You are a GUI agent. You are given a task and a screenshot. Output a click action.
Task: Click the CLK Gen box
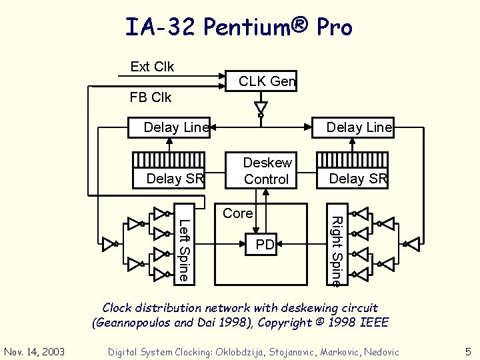(x=267, y=81)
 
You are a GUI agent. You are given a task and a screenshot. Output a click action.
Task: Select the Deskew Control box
(x=267, y=171)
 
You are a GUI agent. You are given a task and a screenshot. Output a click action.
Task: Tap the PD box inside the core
(x=265, y=245)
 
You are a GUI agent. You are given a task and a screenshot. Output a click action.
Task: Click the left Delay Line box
(x=176, y=127)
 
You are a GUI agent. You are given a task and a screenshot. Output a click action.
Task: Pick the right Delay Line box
(x=359, y=127)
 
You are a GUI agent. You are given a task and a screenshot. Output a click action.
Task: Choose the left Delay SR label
(x=174, y=178)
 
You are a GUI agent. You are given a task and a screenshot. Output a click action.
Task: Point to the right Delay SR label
(x=358, y=178)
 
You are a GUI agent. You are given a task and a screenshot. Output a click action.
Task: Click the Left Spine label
(x=185, y=249)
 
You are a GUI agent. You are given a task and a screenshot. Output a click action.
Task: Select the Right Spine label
(x=337, y=251)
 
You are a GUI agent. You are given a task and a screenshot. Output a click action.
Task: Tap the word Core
(x=238, y=213)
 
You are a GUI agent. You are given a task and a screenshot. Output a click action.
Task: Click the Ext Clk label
(x=152, y=67)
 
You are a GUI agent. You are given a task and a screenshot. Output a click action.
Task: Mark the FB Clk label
(x=151, y=97)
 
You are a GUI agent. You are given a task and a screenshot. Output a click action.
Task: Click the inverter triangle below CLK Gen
(x=261, y=107)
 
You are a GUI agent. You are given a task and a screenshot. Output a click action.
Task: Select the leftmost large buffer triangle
(x=109, y=244)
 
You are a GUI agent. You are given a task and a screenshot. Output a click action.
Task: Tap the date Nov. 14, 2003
(x=33, y=351)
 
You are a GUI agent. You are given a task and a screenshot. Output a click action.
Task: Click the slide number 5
(x=467, y=351)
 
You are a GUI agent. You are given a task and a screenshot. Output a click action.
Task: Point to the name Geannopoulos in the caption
(x=133, y=323)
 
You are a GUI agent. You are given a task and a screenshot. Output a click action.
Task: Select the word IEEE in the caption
(x=374, y=323)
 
